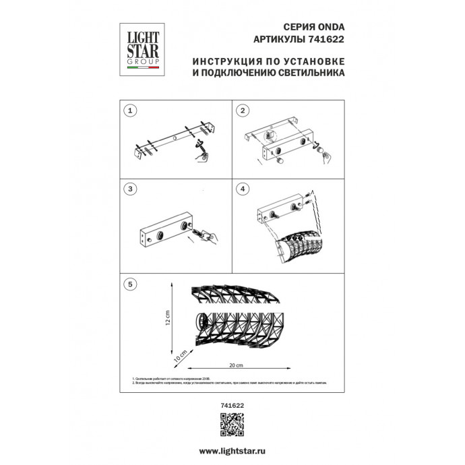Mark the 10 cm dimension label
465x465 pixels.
coord(180,354)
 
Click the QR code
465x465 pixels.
coord(232,423)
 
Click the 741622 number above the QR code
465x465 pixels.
coord(232,404)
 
